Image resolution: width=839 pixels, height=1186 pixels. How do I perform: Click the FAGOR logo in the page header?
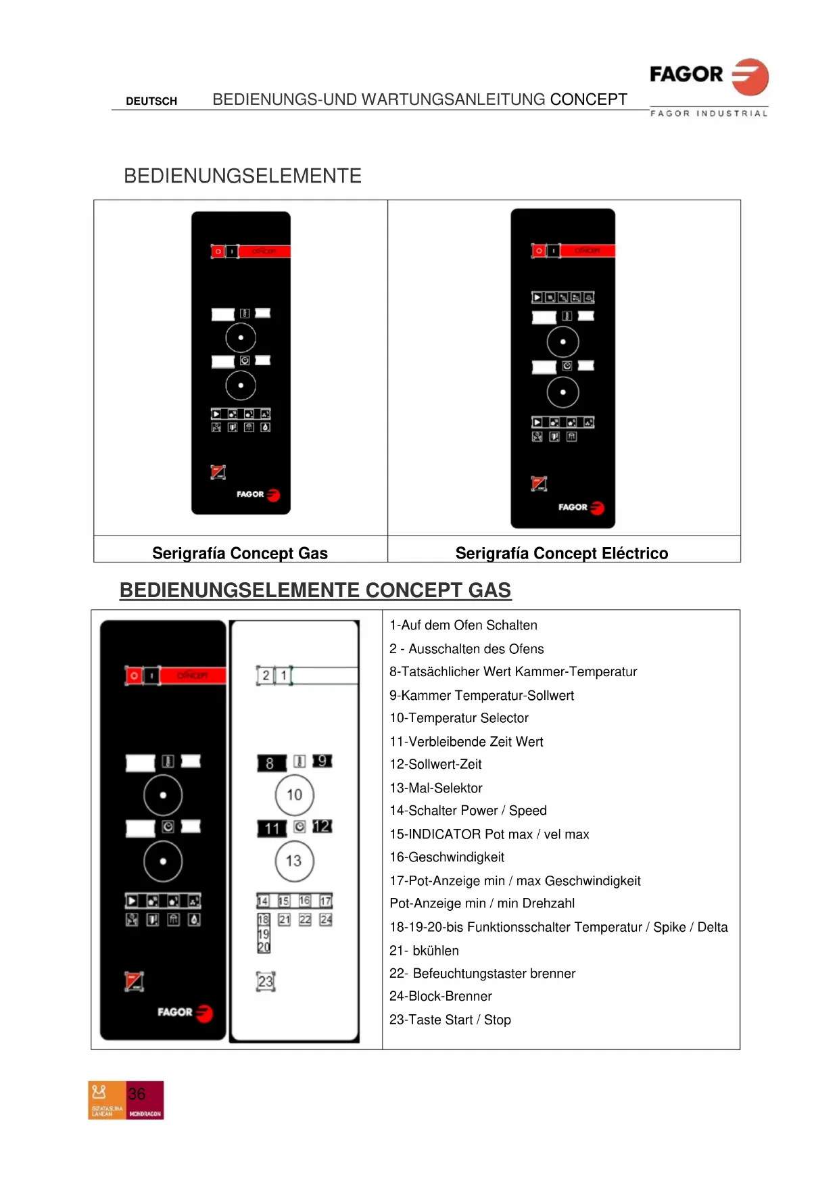709,76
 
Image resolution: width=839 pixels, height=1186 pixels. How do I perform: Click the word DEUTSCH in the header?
151,101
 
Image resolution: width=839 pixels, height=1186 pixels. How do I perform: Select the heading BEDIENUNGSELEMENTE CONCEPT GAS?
315,590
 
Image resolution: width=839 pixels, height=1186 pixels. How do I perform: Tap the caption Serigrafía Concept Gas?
240,553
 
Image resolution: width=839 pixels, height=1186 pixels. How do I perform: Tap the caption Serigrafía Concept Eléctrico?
562,553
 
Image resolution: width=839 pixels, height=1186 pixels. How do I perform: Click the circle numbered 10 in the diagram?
294,795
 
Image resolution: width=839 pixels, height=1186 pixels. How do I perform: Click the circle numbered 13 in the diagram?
294,861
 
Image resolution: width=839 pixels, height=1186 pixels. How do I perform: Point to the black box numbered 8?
270,763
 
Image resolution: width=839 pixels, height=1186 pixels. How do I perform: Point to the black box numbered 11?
272,828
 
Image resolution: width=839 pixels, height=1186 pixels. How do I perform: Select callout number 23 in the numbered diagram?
266,981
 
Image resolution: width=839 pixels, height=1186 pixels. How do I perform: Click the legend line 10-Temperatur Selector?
459,718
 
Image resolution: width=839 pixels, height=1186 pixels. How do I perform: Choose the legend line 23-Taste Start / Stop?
450,1020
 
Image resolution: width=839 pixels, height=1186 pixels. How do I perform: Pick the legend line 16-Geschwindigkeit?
447,857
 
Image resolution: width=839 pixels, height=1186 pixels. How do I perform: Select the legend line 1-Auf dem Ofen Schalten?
464,625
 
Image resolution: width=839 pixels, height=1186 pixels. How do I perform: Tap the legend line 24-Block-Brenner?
441,996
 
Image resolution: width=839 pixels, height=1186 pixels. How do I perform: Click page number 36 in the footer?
137,1094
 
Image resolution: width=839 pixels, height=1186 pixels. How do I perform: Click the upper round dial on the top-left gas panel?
241,337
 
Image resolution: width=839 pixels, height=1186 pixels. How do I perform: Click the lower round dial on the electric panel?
563,392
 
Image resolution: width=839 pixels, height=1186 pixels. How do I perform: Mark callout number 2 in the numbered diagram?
266,675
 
